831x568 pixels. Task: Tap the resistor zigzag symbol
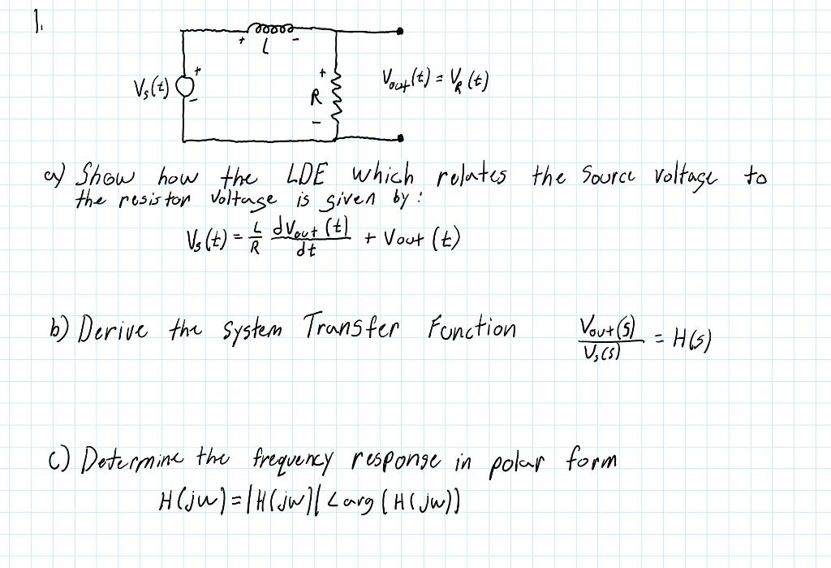[334, 100]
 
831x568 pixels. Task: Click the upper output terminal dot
[401, 32]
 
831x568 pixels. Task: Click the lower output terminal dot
[401, 139]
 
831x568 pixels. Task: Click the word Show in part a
[106, 176]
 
